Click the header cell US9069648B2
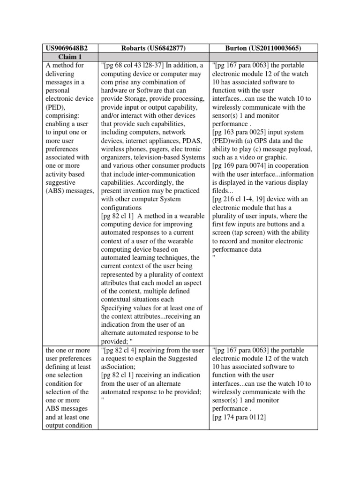66,48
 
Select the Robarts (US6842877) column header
152,48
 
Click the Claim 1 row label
70,57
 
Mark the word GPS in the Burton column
258,141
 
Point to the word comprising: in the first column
62,116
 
